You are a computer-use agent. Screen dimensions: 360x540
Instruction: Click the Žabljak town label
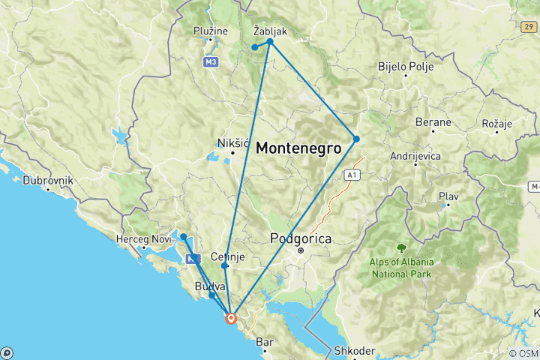(x=270, y=31)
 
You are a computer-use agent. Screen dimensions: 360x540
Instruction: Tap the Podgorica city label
(x=300, y=239)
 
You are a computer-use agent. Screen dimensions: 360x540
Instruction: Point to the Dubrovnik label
(x=47, y=180)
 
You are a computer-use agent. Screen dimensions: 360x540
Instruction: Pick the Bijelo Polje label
(x=406, y=66)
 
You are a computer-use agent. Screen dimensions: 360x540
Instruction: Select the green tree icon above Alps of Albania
(x=402, y=247)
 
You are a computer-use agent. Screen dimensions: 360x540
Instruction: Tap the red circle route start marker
(x=232, y=318)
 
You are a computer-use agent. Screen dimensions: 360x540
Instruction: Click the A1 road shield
(x=351, y=175)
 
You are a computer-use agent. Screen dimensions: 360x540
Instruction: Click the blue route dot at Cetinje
(x=225, y=265)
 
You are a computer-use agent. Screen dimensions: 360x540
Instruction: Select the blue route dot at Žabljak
(x=270, y=41)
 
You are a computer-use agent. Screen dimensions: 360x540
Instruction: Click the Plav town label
(x=448, y=196)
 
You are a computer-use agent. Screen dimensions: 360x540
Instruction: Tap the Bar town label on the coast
(x=263, y=342)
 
